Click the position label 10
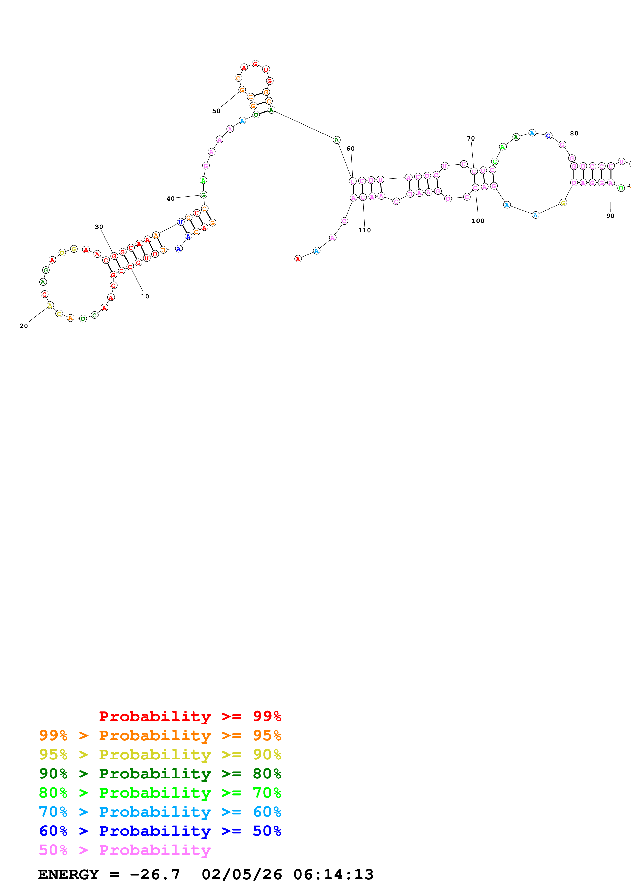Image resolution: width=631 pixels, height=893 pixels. [145, 296]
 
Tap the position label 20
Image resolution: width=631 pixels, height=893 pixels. [24, 326]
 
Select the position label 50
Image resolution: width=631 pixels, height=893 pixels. [216, 111]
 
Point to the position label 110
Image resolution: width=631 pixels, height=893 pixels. [364, 230]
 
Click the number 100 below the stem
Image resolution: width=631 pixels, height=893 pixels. [478, 221]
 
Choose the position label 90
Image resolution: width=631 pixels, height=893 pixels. [610, 216]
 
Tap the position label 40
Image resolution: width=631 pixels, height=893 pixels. [170, 198]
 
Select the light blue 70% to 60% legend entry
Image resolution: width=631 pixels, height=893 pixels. [160, 812]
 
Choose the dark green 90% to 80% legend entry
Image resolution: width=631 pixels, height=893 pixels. [160, 774]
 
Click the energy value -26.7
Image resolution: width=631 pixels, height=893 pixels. [155, 874]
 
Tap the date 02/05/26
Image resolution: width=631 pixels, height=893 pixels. [242, 874]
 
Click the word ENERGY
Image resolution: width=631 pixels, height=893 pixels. [68, 874]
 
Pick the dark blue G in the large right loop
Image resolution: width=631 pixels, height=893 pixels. [548, 136]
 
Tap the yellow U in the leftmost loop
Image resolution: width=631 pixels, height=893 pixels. [62, 253]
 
